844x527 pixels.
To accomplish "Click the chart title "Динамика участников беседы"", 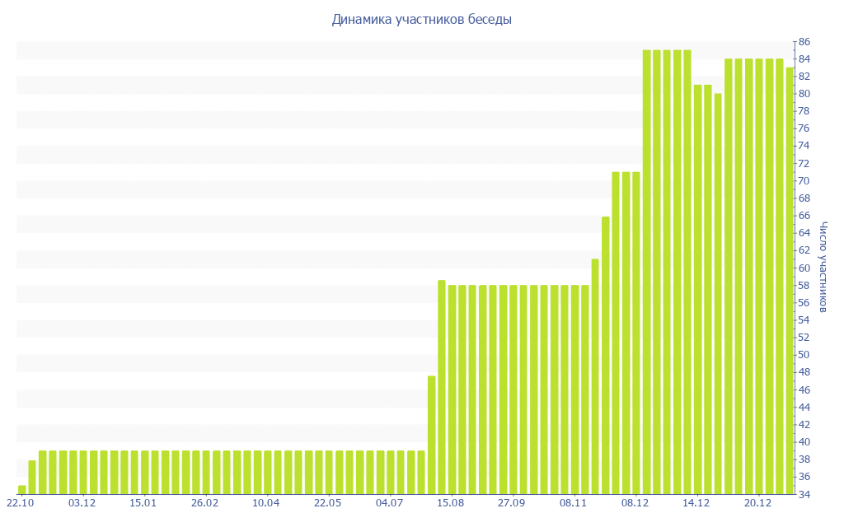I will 421,20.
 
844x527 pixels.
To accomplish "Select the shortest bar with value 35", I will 22,490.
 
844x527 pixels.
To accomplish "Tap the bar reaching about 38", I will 32,478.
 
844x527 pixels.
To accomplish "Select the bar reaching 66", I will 606,355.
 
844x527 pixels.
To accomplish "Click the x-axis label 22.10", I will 21,503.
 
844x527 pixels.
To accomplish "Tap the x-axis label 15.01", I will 143,503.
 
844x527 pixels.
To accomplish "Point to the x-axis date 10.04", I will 266,503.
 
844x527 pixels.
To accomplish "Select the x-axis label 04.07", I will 389,503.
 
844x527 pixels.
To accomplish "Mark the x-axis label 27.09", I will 512,503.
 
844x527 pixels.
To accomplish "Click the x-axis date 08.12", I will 635,503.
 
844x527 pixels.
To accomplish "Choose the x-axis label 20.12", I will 757,503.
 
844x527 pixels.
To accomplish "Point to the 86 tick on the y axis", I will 804,42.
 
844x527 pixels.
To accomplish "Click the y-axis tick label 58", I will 804,286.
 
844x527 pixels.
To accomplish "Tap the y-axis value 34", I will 804,495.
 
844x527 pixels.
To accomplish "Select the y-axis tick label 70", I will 804,181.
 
